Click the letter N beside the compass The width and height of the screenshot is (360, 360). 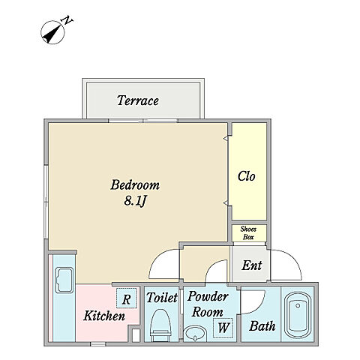point(67,20)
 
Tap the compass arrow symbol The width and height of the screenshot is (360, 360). point(52,32)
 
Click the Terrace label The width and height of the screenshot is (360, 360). point(138,100)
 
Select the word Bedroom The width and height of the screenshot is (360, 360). point(135,185)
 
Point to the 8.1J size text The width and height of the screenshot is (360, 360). point(135,200)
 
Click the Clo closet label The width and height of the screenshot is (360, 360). point(247,176)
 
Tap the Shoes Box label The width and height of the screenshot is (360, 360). point(248,232)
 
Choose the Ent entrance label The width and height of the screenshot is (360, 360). point(252,265)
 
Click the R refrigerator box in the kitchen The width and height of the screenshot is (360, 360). point(127,298)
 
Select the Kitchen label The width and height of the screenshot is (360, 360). point(104,316)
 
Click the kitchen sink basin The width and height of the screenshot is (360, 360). point(64,280)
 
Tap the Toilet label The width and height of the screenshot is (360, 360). point(162,297)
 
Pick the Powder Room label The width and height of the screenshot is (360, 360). point(208,304)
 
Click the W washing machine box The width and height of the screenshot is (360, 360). point(223,328)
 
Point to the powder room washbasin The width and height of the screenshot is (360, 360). point(195,333)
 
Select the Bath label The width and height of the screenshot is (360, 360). point(262,326)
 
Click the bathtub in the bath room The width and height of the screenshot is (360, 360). point(298,315)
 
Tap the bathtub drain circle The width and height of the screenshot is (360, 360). point(298,305)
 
